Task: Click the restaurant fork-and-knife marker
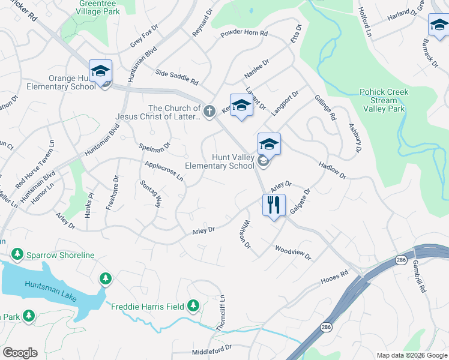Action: click(x=274, y=205)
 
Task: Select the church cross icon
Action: click(x=209, y=111)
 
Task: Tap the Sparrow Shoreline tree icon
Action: click(x=17, y=255)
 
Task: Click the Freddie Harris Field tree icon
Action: click(x=193, y=307)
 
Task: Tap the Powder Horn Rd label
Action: click(x=244, y=34)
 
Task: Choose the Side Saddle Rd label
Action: click(x=176, y=76)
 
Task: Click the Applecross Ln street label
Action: click(x=164, y=170)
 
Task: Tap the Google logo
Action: click(x=20, y=353)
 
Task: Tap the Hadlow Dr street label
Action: click(x=333, y=170)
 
